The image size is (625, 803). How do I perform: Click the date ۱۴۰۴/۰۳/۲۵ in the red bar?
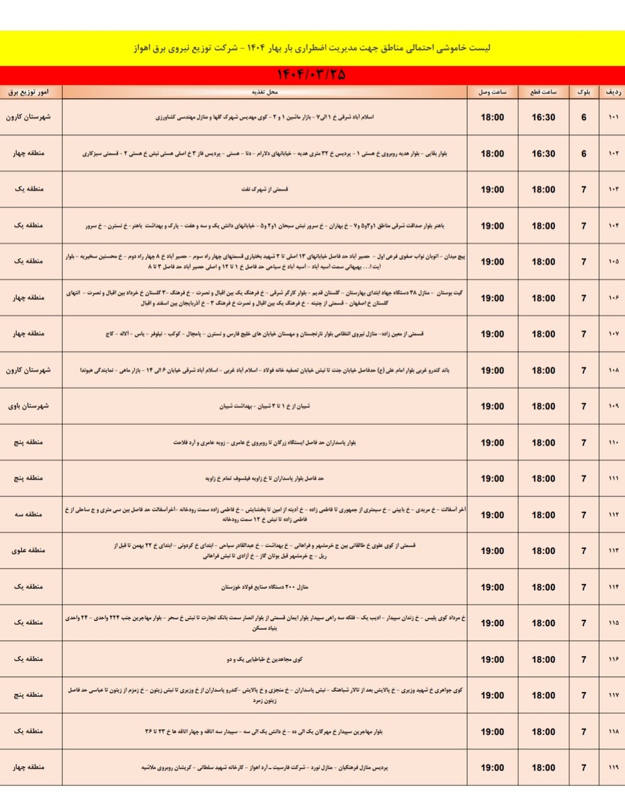click(312, 75)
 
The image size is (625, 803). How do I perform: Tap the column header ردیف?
click(612, 92)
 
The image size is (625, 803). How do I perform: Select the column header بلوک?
click(584, 92)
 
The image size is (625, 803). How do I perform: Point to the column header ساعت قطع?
click(543, 92)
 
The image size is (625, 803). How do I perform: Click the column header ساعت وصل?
click(492, 92)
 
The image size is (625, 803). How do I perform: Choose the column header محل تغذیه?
click(264, 92)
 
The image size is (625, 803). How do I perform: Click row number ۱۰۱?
click(613, 117)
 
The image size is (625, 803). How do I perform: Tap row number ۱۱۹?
click(613, 767)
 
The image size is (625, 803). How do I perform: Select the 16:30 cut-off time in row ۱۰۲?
click(543, 154)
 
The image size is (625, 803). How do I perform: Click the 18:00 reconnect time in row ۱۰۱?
click(492, 117)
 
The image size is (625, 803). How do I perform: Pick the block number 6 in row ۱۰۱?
click(584, 117)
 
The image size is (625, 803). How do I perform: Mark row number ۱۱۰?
click(613, 442)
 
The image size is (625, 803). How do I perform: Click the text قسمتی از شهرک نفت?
click(264, 189)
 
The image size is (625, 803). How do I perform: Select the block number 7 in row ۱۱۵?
click(584, 623)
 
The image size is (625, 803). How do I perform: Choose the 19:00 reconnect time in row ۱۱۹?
click(492, 767)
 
